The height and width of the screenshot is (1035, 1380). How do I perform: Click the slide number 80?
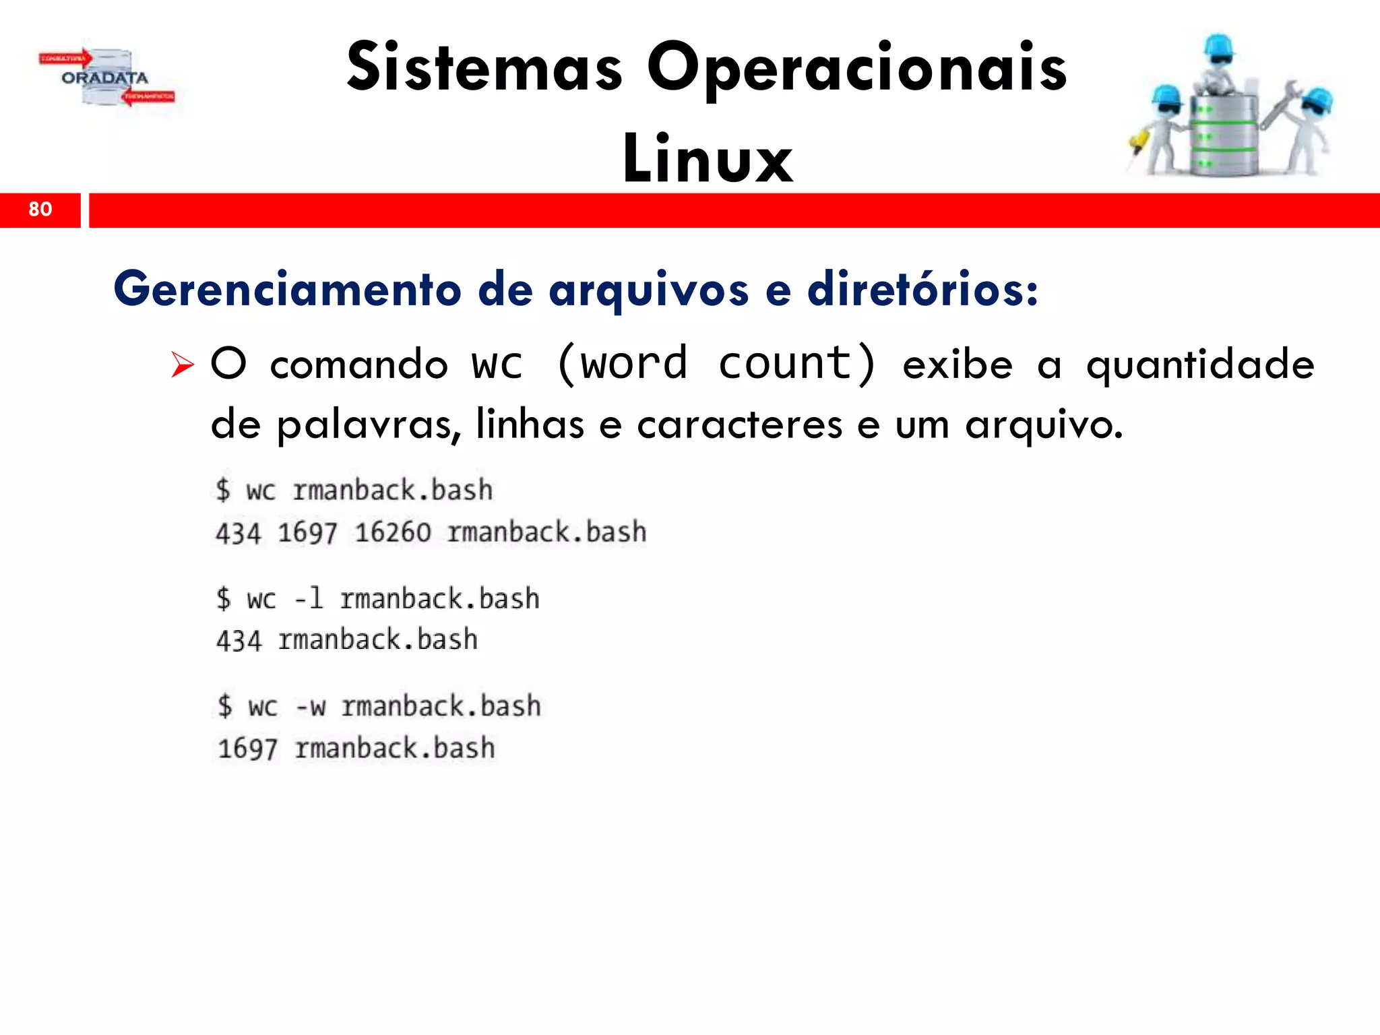40,209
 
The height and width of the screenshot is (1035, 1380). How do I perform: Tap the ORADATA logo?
105,78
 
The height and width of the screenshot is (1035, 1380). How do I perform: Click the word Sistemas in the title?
484,67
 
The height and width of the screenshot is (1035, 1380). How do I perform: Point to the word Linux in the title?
708,159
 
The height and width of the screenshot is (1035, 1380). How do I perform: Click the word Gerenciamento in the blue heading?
288,289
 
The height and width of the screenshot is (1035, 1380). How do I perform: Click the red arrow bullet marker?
182,365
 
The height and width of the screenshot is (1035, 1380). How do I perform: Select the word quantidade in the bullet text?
1199,365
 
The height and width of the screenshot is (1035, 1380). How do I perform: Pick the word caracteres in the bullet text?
739,425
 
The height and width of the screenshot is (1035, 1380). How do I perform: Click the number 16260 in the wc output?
392,533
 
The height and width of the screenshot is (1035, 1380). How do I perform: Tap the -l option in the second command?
309,598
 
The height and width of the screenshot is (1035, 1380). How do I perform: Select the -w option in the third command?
311,707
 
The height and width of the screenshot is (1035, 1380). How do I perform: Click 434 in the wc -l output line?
238,641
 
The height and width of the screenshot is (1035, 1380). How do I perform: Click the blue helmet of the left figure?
1166,97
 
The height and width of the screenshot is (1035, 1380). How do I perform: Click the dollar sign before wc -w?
224,706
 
